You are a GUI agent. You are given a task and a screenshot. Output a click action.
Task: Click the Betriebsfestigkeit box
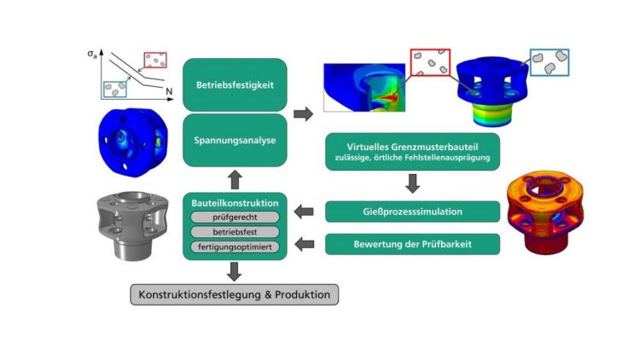tap(234, 84)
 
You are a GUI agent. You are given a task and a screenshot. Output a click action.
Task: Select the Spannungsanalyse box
tap(234, 139)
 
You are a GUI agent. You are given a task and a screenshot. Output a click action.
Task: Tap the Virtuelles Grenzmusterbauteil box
tap(412, 151)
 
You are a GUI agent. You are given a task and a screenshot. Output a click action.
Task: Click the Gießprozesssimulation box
tap(412, 212)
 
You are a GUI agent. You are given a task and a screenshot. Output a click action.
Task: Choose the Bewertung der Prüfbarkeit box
tap(412, 245)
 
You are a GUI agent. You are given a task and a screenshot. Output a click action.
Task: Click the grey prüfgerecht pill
tap(234, 216)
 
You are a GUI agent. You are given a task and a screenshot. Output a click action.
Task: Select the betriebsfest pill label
tap(234, 231)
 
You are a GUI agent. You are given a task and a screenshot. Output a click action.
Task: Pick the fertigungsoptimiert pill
tap(234, 247)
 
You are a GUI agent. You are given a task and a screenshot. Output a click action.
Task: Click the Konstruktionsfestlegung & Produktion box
tap(235, 295)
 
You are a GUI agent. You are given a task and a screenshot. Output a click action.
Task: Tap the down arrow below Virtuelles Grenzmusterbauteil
tap(412, 183)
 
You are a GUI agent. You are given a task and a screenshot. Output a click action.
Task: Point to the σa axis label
tap(92, 55)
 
